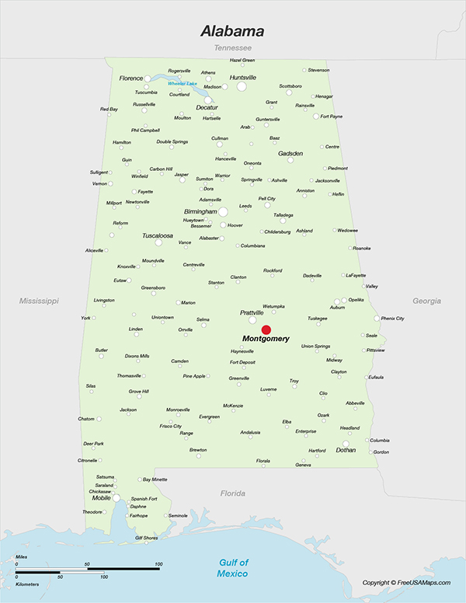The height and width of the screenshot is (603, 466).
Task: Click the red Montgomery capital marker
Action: coord(266,329)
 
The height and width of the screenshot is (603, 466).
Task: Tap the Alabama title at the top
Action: coord(232,32)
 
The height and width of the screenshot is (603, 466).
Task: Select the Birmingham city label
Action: coord(200,211)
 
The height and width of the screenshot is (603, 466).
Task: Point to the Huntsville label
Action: coord(243,78)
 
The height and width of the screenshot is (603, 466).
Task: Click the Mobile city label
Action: coord(102,498)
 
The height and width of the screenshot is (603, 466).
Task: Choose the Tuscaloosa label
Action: coord(158,235)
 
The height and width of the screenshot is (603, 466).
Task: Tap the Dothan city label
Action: coord(346,450)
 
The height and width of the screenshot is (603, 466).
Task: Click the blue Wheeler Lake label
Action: coord(183,84)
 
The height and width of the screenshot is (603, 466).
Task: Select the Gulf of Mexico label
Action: coord(232,568)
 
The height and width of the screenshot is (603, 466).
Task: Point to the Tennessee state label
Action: coord(232,48)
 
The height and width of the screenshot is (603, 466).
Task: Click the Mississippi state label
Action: coord(39,300)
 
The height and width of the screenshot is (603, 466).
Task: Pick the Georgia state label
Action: coord(426,301)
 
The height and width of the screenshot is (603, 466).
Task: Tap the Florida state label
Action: coord(232,493)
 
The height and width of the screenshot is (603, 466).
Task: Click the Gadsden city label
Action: coord(290,154)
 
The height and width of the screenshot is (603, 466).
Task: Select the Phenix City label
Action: coord(393,319)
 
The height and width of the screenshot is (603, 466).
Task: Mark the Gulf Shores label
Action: coord(146,538)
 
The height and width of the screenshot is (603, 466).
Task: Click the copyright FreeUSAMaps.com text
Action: coord(406,583)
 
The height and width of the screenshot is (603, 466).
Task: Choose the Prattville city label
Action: coord(252,312)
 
